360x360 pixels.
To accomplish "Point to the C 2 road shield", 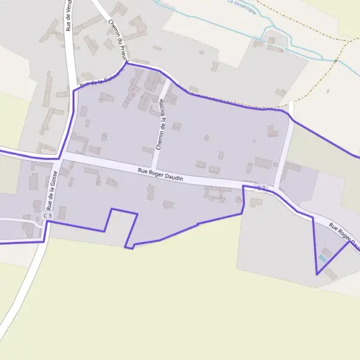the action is [261, 188].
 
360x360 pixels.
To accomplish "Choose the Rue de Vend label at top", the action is [70, 15].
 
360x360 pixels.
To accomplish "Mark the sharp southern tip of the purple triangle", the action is [317, 274].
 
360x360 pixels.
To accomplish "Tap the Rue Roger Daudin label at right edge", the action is [344, 235].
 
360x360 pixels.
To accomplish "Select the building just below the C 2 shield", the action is [257, 202].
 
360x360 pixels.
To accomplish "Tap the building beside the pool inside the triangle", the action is [327, 251].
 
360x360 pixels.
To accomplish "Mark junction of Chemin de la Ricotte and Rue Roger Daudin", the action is [154, 170].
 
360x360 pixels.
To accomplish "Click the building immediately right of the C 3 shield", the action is [62, 212].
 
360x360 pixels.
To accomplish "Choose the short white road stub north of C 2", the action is [291, 109].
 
